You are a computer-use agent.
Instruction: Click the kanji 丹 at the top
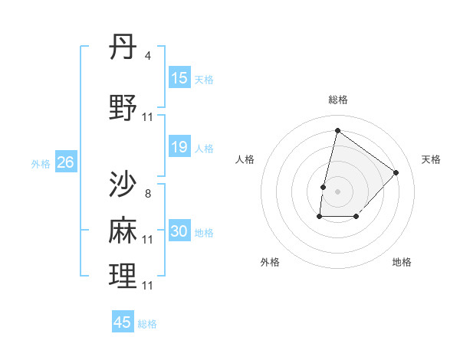[x=123, y=48]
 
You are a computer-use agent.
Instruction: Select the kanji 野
[x=123, y=108]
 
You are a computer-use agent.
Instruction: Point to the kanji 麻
[x=123, y=230]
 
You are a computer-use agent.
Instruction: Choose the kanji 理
[x=123, y=276]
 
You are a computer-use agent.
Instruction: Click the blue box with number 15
[x=179, y=78]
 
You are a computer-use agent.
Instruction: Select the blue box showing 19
[x=179, y=147]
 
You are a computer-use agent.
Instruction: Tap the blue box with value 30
[x=179, y=231]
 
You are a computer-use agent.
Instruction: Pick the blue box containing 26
[x=66, y=162]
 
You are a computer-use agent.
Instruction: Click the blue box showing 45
[x=123, y=322]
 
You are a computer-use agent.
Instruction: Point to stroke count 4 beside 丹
[x=147, y=56]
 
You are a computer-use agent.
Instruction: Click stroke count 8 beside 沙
[x=147, y=193]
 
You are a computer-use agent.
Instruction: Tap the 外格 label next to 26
[x=41, y=163]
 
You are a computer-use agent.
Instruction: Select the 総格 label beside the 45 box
[x=147, y=323]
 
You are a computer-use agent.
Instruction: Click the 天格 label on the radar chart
[x=431, y=159]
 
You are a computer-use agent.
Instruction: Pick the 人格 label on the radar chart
[x=245, y=159]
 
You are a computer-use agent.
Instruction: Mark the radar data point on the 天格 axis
[x=396, y=172]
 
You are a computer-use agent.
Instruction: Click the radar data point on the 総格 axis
[x=337, y=130]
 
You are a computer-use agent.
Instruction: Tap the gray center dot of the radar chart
[x=337, y=191]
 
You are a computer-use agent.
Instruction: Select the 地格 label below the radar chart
[x=402, y=262]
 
